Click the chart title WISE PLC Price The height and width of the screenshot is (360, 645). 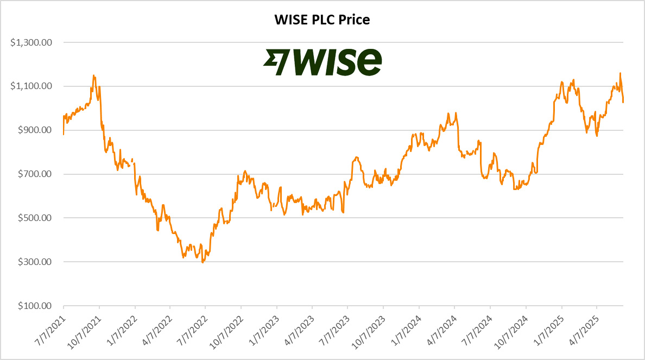click(x=322, y=20)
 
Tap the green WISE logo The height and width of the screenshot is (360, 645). click(x=322, y=62)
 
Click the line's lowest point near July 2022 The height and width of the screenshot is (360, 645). click(x=203, y=263)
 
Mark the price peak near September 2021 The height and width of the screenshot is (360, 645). click(x=94, y=75)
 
